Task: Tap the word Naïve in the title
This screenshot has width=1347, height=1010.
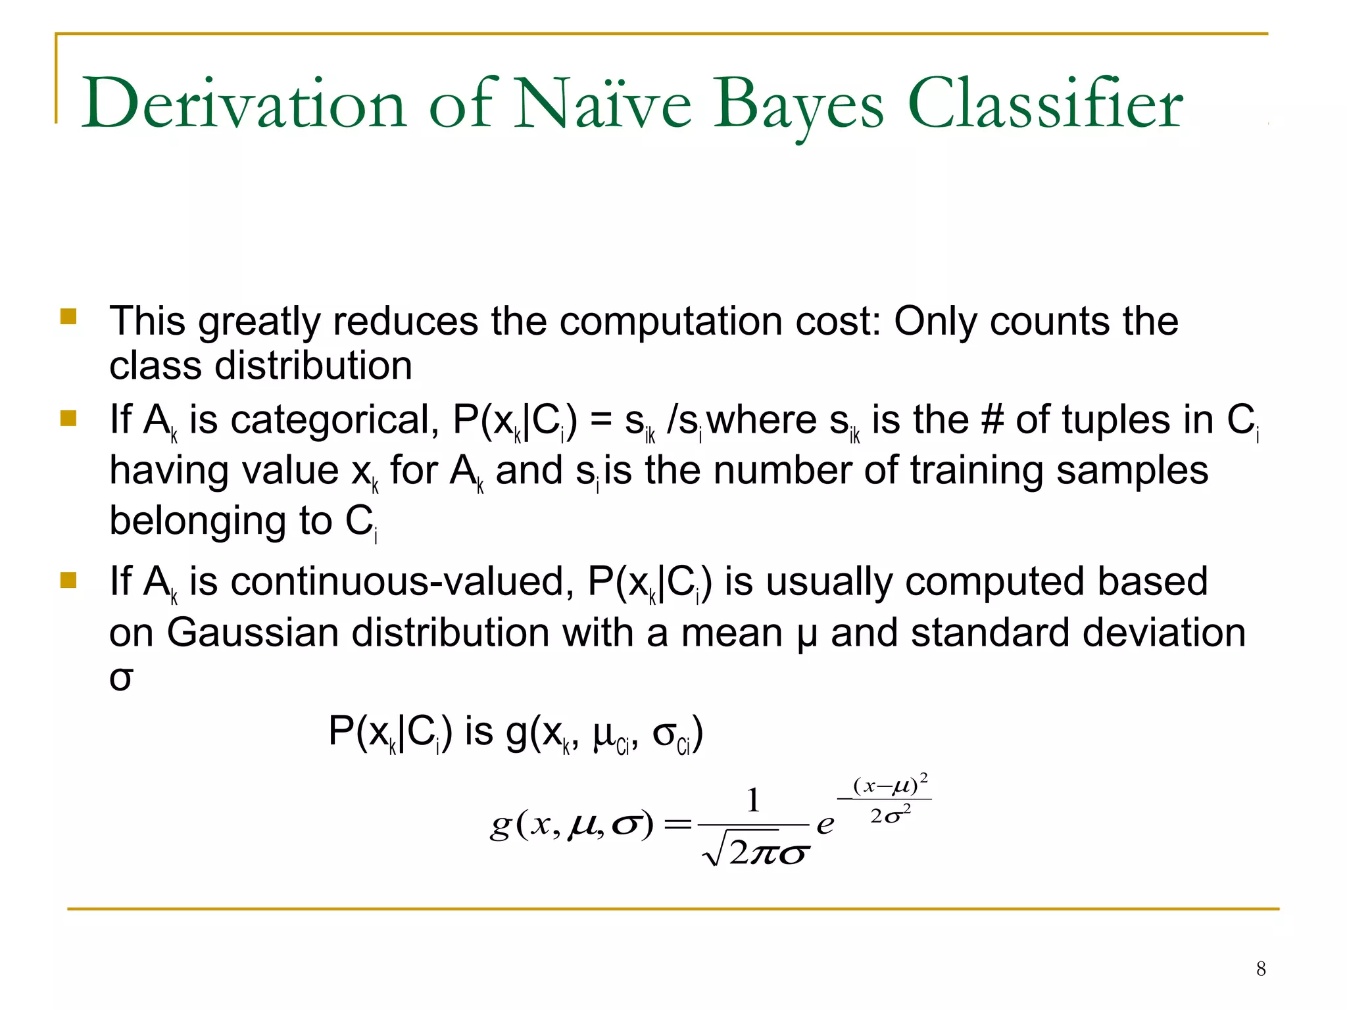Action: coord(602,104)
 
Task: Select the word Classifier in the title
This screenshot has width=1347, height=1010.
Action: coord(1045,104)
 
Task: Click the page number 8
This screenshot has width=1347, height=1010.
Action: coord(1261,969)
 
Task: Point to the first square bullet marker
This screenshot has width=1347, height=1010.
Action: coord(68,318)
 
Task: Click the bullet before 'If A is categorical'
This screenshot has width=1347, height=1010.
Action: coord(68,419)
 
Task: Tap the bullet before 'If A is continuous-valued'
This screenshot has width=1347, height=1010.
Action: coord(68,581)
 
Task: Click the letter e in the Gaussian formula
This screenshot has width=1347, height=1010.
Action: coord(825,824)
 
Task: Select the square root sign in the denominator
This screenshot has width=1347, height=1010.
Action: coord(716,852)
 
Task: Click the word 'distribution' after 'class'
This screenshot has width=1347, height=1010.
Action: coord(313,366)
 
